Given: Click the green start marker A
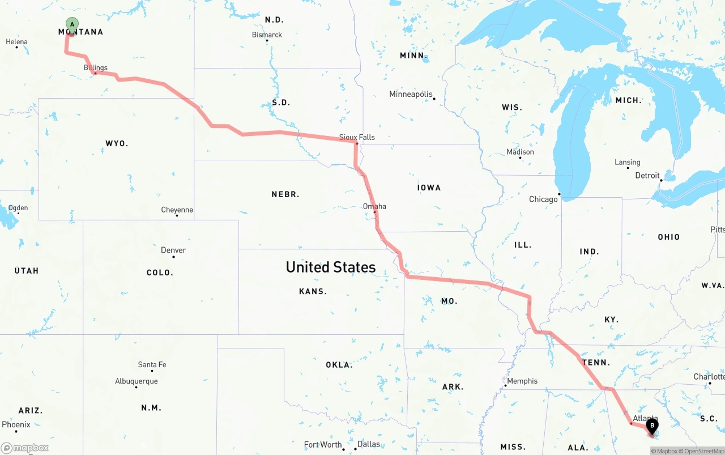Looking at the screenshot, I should pyautogui.click(x=72, y=24).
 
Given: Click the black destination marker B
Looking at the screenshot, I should pyautogui.click(x=652, y=425).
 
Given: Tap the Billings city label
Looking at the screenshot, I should pyautogui.click(x=95, y=68).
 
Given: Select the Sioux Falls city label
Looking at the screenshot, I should pyautogui.click(x=357, y=137).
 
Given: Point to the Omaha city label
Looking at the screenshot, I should pyautogui.click(x=374, y=206).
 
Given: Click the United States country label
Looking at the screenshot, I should pyautogui.click(x=330, y=267).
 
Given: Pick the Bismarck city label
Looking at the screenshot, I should pyautogui.click(x=267, y=35).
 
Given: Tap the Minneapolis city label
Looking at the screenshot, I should pyautogui.click(x=411, y=94).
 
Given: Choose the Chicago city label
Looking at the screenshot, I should pyautogui.click(x=543, y=199).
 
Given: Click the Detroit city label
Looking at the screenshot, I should pyautogui.click(x=647, y=175).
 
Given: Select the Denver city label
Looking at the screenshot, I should pyautogui.click(x=173, y=250).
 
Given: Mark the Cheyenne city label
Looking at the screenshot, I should pyautogui.click(x=177, y=210).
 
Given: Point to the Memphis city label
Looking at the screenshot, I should pyautogui.click(x=522, y=381).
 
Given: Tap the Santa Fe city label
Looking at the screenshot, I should pyautogui.click(x=152, y=364).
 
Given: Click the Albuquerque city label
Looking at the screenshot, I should pyautogui.click(x=137, y=381).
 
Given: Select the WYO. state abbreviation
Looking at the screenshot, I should pyautogui.click(x=117, y=143).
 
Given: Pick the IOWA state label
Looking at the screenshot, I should pyautogui.click(x=429, y=188).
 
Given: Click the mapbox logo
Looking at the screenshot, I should pyautogui.click(x=25, y=448).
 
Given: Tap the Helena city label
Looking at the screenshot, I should pyautogui.click(x=16, y=41).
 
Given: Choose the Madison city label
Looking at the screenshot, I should pyautogui.click(x=520, y=152).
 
